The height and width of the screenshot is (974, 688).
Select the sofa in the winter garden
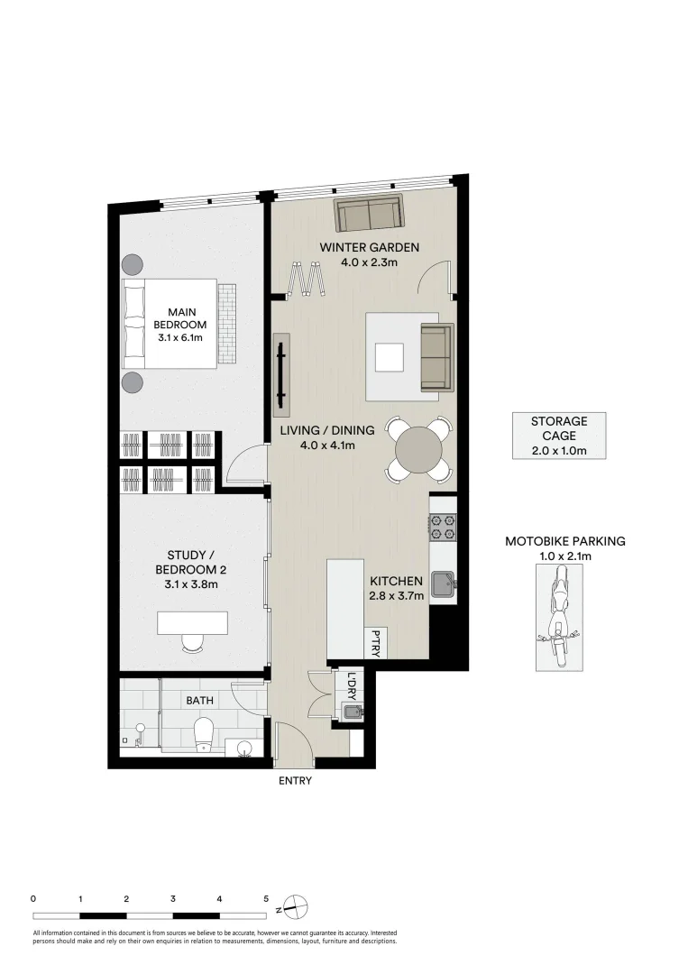click(370, 215)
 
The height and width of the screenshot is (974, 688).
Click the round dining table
click(419, 446)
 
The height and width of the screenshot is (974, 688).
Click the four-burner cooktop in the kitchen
click(443, 525)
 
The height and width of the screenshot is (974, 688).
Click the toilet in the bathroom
click(205, 732)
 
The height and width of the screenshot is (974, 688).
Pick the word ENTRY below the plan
click(295, 781)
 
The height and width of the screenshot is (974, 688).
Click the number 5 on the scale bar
click(266, 898)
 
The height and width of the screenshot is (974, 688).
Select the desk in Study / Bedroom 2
click(192, 623)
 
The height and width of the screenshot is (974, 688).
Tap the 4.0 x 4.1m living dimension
click(316, 445)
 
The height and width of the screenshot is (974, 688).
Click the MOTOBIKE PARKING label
click(564, 541)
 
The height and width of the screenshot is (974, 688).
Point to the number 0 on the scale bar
click(33, 898)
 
